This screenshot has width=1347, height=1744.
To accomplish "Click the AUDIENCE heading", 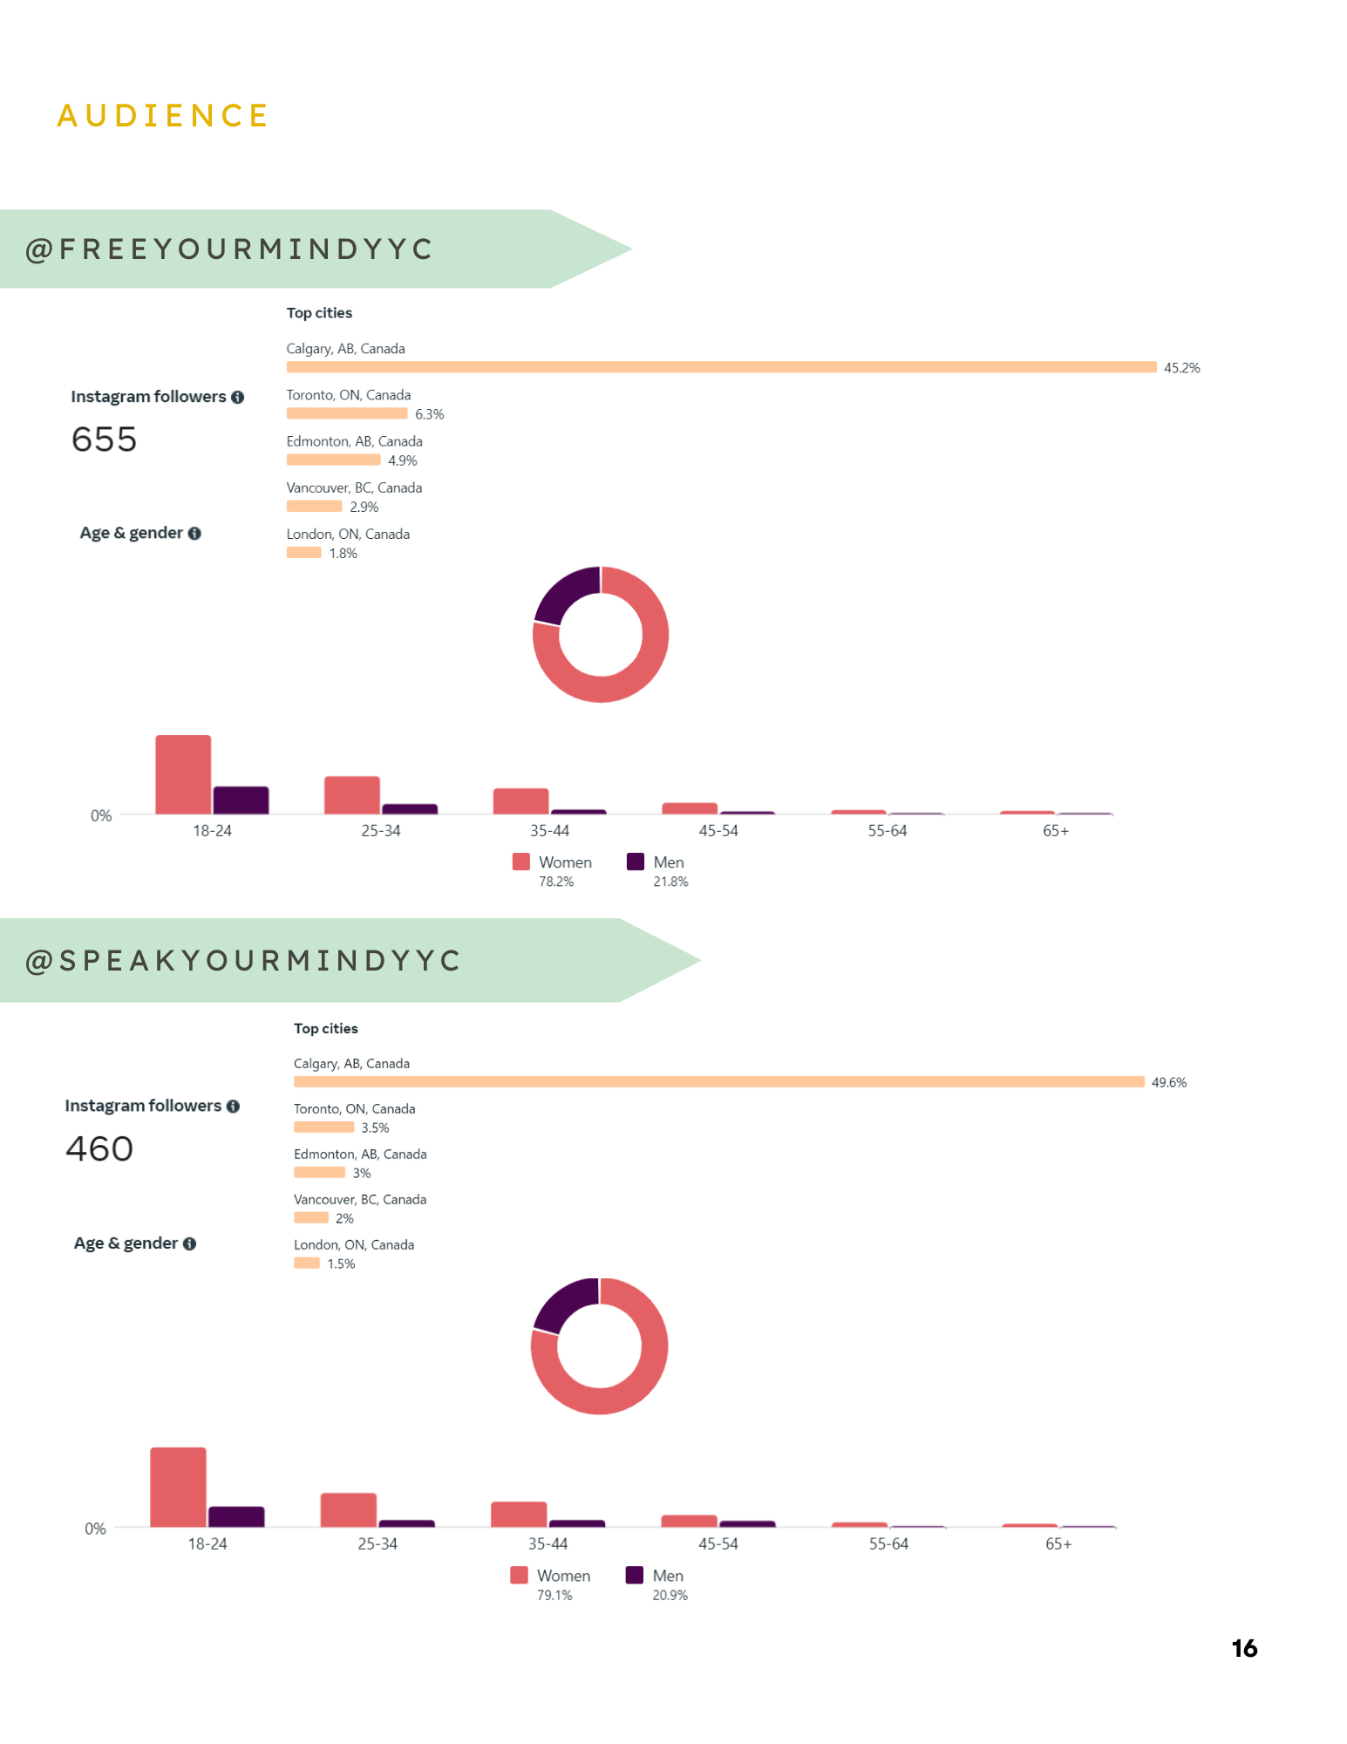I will (163, 116).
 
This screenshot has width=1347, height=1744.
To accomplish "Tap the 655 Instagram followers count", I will (104, 439).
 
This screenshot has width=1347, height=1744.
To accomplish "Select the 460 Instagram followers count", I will (99, 1149).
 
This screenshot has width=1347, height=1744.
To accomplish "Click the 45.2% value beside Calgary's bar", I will (1181, 368).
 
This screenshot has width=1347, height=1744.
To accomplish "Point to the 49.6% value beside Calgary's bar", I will (1168, 1083).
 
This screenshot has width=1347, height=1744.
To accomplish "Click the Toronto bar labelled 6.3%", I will (347, 413).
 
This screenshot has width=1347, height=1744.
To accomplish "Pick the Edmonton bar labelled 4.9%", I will (333, 460).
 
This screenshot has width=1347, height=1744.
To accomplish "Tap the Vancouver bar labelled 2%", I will (310, 1218).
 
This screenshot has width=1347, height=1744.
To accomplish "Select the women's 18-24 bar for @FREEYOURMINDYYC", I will (183, 774).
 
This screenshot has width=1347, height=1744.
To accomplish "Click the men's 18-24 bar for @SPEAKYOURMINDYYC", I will (236, 1516).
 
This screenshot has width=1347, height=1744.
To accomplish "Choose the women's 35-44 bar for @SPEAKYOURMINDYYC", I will (519, 1514).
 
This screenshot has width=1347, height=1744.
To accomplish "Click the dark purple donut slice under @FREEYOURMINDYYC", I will (564, 594).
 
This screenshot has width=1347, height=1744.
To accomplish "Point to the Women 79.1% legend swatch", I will (520, 1575).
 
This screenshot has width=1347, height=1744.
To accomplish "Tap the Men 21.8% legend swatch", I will (636, 862).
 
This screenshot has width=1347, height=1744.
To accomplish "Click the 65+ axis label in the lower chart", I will (1058, 1543).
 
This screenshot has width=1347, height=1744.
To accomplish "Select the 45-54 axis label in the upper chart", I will (718, 831).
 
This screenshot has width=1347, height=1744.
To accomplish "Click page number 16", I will (1244, 1648).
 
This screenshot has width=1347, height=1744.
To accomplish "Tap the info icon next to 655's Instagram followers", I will (237, 397).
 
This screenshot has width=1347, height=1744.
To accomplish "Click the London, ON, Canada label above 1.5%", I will (354, 1244).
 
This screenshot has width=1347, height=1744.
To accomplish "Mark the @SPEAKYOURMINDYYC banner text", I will (243, 961).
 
